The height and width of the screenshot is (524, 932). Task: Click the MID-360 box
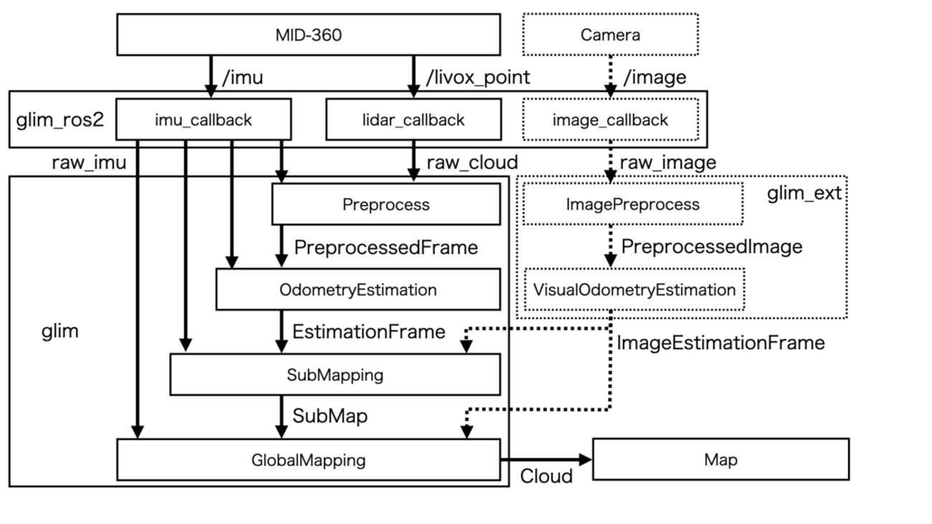[308, 34]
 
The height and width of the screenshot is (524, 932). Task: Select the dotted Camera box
[610, 34]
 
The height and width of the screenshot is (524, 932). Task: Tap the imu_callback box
[204, 119]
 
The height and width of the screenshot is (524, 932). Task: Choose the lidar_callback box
[412, 119]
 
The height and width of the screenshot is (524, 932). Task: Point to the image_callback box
[610, 119]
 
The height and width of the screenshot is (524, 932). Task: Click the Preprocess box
[386, 204]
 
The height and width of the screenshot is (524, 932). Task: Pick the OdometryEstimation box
[358, 290]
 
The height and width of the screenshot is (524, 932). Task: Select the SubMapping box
[335, 374]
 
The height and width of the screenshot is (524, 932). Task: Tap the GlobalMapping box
[308, 459]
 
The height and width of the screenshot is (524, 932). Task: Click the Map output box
[721, 459]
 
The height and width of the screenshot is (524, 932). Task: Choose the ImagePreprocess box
[632, 204]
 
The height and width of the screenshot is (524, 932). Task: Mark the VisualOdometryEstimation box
[634, 290]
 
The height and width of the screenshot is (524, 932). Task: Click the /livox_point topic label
[478, 77]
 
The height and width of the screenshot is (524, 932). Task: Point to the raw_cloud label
[472, 162]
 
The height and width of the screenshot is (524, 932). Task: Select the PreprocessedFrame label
[386, 248]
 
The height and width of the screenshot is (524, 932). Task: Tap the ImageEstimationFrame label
[721, 343]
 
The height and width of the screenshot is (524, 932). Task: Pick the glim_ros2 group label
[60, 119]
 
